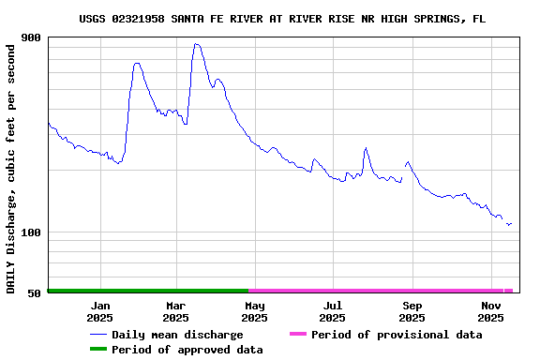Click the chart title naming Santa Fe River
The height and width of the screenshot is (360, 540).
click(x=282, y=19)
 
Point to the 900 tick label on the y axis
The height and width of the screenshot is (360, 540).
click(x=31, y=37)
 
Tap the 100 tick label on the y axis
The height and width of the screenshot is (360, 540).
click(x=31, y=232)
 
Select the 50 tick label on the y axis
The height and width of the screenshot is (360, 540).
click(x=35, y=292)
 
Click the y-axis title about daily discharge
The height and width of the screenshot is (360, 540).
click(x=11, y=167)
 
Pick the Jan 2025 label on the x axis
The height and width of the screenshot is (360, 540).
click(x=100, y=311)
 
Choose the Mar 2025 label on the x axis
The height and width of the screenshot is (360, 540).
click(x=176, y=311)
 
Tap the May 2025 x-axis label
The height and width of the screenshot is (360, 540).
click(x=254, y=311)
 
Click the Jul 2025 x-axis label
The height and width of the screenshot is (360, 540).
click(x=332, y=311)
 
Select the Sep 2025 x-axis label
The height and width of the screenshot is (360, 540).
click(x=412, y=311)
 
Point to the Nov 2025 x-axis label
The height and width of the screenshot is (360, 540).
click(x=490, y=311)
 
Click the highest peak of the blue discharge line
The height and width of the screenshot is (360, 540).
click(x=195, y=44)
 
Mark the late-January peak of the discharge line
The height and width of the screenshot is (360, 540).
click(x=137, y=64)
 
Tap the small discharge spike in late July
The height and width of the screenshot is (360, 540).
click(x=366, y=148)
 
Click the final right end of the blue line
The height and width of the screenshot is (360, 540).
click(x=511, y=224)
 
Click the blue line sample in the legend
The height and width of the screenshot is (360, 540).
click(x=97, y=335)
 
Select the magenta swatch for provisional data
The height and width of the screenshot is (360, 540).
click(x=298, y=335)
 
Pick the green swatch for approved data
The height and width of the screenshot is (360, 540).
click(x=97, y=350)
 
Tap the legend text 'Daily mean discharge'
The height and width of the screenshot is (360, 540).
click(x=177, y=335)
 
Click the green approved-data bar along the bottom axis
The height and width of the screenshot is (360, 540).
click(x=148, y=291)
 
